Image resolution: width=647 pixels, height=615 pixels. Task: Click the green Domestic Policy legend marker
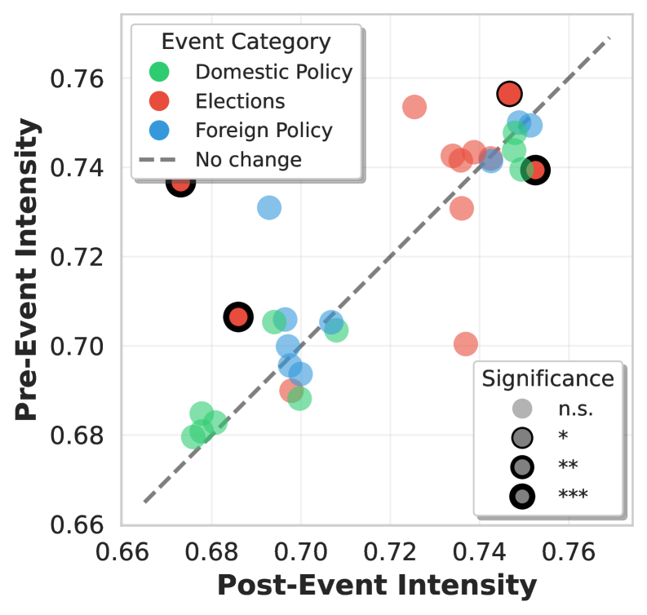click(160, 72)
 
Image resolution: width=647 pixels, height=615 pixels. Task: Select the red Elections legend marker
click(160, 101)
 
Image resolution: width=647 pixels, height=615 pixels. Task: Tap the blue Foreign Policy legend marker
click(160, 131)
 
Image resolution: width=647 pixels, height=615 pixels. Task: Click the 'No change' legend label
click(248, 159)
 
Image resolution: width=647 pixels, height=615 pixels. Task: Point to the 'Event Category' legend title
click(246, 42)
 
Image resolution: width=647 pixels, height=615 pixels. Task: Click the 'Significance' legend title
click(547, 378)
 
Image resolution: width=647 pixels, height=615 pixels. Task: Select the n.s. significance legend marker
click(522, 409)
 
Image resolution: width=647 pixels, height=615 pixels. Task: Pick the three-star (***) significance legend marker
click(522, 494)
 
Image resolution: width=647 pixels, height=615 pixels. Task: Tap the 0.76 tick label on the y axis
click(76, 80)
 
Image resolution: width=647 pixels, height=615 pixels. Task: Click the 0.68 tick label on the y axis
click(76, 436)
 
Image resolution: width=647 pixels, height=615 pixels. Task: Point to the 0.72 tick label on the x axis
click(390, 552)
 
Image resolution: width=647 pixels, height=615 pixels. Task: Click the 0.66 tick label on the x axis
click(122, 552)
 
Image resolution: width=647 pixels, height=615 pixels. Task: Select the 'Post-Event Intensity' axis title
click(376, 586)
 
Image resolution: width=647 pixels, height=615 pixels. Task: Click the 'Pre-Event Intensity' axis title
click(28, 269)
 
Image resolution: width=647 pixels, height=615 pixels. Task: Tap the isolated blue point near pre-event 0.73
click(269, 208)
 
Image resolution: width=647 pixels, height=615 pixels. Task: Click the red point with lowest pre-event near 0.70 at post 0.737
click(466, 344)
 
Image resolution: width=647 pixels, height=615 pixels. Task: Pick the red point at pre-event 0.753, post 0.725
click(414, 107)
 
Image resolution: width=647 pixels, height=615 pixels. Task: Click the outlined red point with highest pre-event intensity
click(512, 94)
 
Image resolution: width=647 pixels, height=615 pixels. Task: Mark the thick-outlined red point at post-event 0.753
click(535, 170)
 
